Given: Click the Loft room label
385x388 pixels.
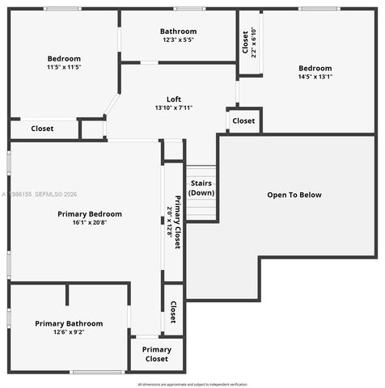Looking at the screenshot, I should (174, 99).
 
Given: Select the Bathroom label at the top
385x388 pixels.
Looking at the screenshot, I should (179, 32).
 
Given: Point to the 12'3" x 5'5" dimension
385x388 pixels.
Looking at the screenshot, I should (179, 40).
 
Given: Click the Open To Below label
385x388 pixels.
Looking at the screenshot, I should (294, 195).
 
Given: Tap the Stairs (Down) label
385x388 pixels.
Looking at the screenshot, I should (201, 188).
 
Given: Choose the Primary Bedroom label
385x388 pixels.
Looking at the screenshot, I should (90, 213).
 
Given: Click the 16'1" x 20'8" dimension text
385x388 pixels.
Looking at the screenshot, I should (90, 223).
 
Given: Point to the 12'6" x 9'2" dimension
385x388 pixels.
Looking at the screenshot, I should (69, 332).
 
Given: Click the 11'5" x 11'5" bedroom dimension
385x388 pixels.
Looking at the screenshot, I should (64, 67).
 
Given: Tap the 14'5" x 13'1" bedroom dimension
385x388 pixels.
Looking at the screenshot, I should (315, 78).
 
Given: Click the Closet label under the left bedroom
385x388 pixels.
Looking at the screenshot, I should (43, 129).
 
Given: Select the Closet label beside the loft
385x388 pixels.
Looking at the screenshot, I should (243, 121).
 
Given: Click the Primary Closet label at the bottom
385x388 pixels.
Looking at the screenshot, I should (157, 354).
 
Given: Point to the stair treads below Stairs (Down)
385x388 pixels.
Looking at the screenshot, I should (201, 209).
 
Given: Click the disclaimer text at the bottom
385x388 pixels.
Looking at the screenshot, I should (192, 384).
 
